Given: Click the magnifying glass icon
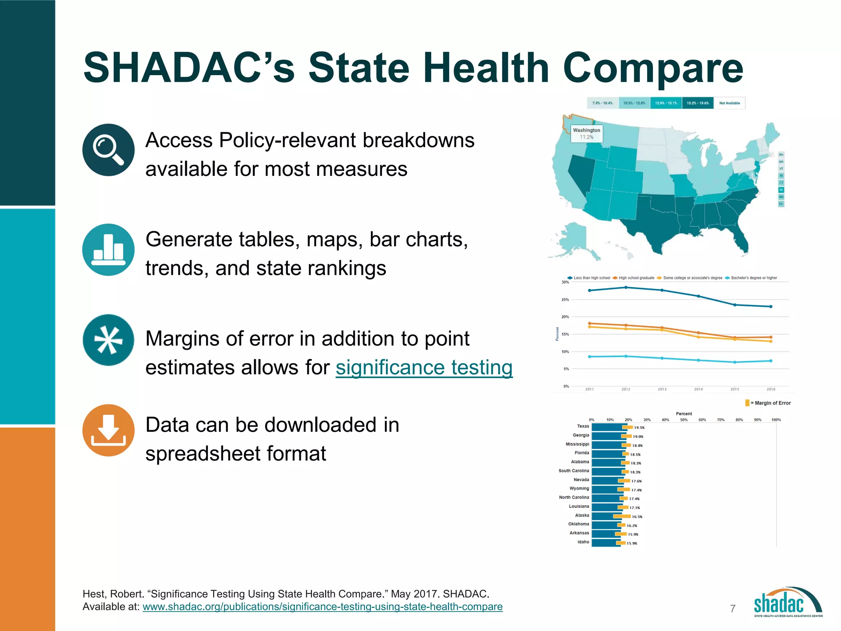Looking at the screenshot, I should tap(108, 150).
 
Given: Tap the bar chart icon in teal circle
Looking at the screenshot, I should tap(108, 250).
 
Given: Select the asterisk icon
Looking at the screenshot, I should tap(108, 340).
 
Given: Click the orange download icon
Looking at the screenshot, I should tap(108, 430).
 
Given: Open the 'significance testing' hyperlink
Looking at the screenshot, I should tap(424, 367).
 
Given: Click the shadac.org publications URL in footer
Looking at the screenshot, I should tap(322, 607).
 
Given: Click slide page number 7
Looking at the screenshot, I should tap(733, 609).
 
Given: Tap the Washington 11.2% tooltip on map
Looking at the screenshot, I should tap(586, 134).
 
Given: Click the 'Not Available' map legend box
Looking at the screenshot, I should tap(729, 103).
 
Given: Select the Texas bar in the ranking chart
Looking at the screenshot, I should tap(607, 427).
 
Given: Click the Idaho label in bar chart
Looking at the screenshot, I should tap(583, 542).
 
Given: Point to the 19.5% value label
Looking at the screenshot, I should tap(639, 428).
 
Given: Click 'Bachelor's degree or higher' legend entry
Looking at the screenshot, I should tap(754, 278).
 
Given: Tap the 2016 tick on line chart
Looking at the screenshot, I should tap(771, 389).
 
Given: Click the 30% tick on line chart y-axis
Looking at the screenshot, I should tap(565, 282).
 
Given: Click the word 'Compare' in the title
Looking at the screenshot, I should tap(653, 68).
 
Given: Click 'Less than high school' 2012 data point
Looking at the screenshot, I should tap(626, 288).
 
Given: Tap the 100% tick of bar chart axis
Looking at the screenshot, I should tap(776, 420).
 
